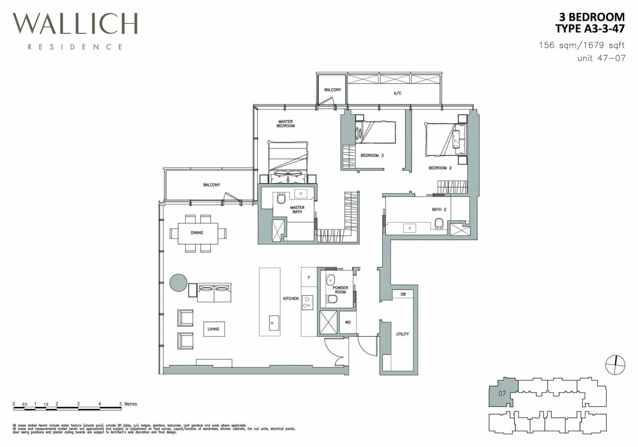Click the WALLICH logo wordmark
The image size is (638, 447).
pos(75,24)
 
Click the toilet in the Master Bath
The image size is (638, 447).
pos(281,199)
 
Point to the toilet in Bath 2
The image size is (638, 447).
pos(439,223)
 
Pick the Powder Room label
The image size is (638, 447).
pos(340,290)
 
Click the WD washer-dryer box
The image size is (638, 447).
pos(348,322)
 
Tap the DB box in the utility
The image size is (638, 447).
pos(403,294)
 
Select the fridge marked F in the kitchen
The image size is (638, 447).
pos(309,277)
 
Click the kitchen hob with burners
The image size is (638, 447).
pos(307,303)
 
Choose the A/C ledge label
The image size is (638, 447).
pos(397,93)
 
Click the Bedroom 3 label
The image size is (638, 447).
pos(372,155)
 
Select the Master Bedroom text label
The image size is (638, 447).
pos(285,124)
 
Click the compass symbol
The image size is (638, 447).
pos(615,365)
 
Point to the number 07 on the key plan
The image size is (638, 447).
pos(502,394)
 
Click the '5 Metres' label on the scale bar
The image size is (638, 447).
pos(128,404)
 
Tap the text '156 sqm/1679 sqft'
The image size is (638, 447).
pos(582,45)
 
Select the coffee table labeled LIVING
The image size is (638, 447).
pos(214,329)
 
